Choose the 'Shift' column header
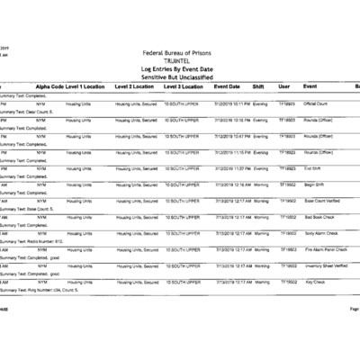[259, 86]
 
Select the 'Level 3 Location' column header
[184, 86]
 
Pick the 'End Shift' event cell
[312, 168]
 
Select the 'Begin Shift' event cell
[315, 184]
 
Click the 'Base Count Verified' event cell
[322, 201]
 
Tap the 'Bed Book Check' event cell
[319, 217]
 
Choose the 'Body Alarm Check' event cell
[320, 233]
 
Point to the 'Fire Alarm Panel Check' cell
[324, 249]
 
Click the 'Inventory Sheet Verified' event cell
[325, 265]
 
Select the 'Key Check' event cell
[314, 282]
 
